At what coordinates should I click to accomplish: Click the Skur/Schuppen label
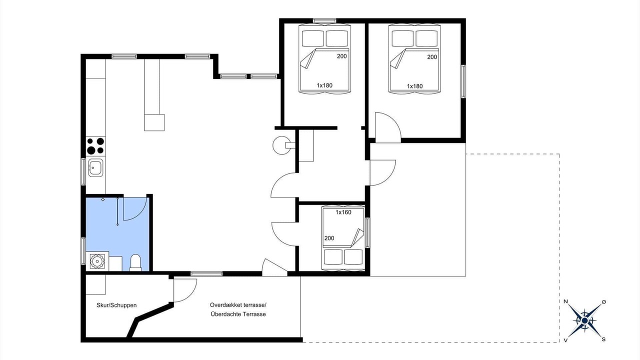click(116, 305)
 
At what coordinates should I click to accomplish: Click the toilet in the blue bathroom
click(135, 262)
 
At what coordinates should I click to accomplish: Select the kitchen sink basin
click(95, 167)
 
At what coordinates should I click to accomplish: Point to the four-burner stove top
click(95, 145)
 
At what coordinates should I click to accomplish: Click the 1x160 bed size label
click(343, 212)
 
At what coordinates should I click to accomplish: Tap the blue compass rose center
click(584, 321)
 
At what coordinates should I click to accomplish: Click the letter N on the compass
click(565, 301)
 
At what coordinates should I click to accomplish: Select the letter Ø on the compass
click(603, 301)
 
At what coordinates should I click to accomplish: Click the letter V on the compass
click(565, 340)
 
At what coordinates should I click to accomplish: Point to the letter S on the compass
click(603, 339)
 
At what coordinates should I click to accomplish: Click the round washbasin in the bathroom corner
click(97, 261)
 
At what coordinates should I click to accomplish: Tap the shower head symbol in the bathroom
click(103, 199)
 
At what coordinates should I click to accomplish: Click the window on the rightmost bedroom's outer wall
click(463, 81)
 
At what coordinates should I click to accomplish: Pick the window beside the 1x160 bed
click(367, 232)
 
